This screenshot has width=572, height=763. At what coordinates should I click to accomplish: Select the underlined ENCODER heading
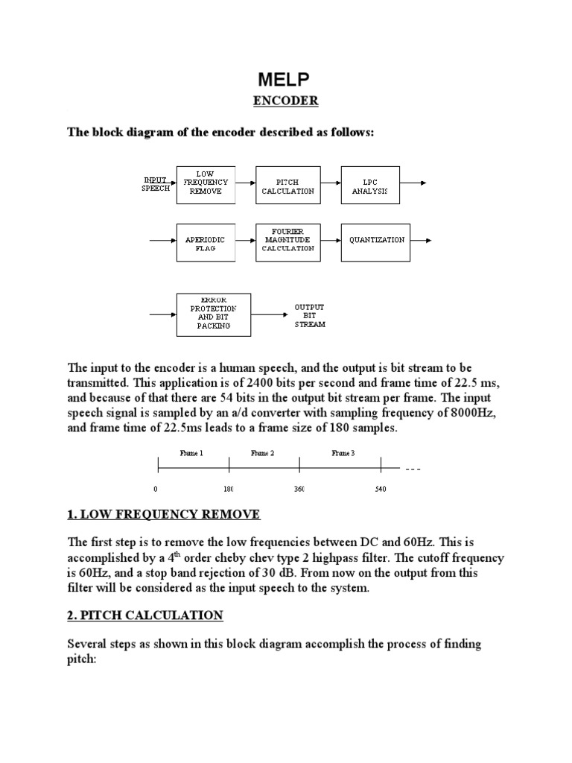pos(286,101)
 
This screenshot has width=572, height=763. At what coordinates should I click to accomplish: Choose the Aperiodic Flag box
pos(206,242)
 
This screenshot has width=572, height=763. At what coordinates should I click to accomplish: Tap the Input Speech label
pos(156,183)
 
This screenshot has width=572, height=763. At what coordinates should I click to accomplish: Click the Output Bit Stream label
pos(309,315)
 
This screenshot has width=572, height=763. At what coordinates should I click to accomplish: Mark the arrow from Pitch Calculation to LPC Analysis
pos(330,183)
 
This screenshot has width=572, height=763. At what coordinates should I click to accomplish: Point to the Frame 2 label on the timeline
pos(262,452)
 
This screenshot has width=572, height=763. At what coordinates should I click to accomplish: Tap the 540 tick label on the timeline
pos(380,490)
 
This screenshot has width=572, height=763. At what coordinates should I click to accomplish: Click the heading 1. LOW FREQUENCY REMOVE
pos(164,515)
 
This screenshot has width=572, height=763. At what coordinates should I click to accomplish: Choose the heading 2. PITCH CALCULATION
pos(145,615)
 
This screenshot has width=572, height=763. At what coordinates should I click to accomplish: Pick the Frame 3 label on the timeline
pos(343,452)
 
